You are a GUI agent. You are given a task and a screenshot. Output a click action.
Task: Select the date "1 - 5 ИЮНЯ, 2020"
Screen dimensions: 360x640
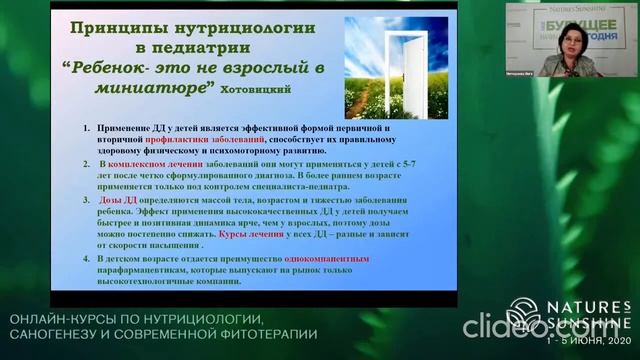[585, 344]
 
